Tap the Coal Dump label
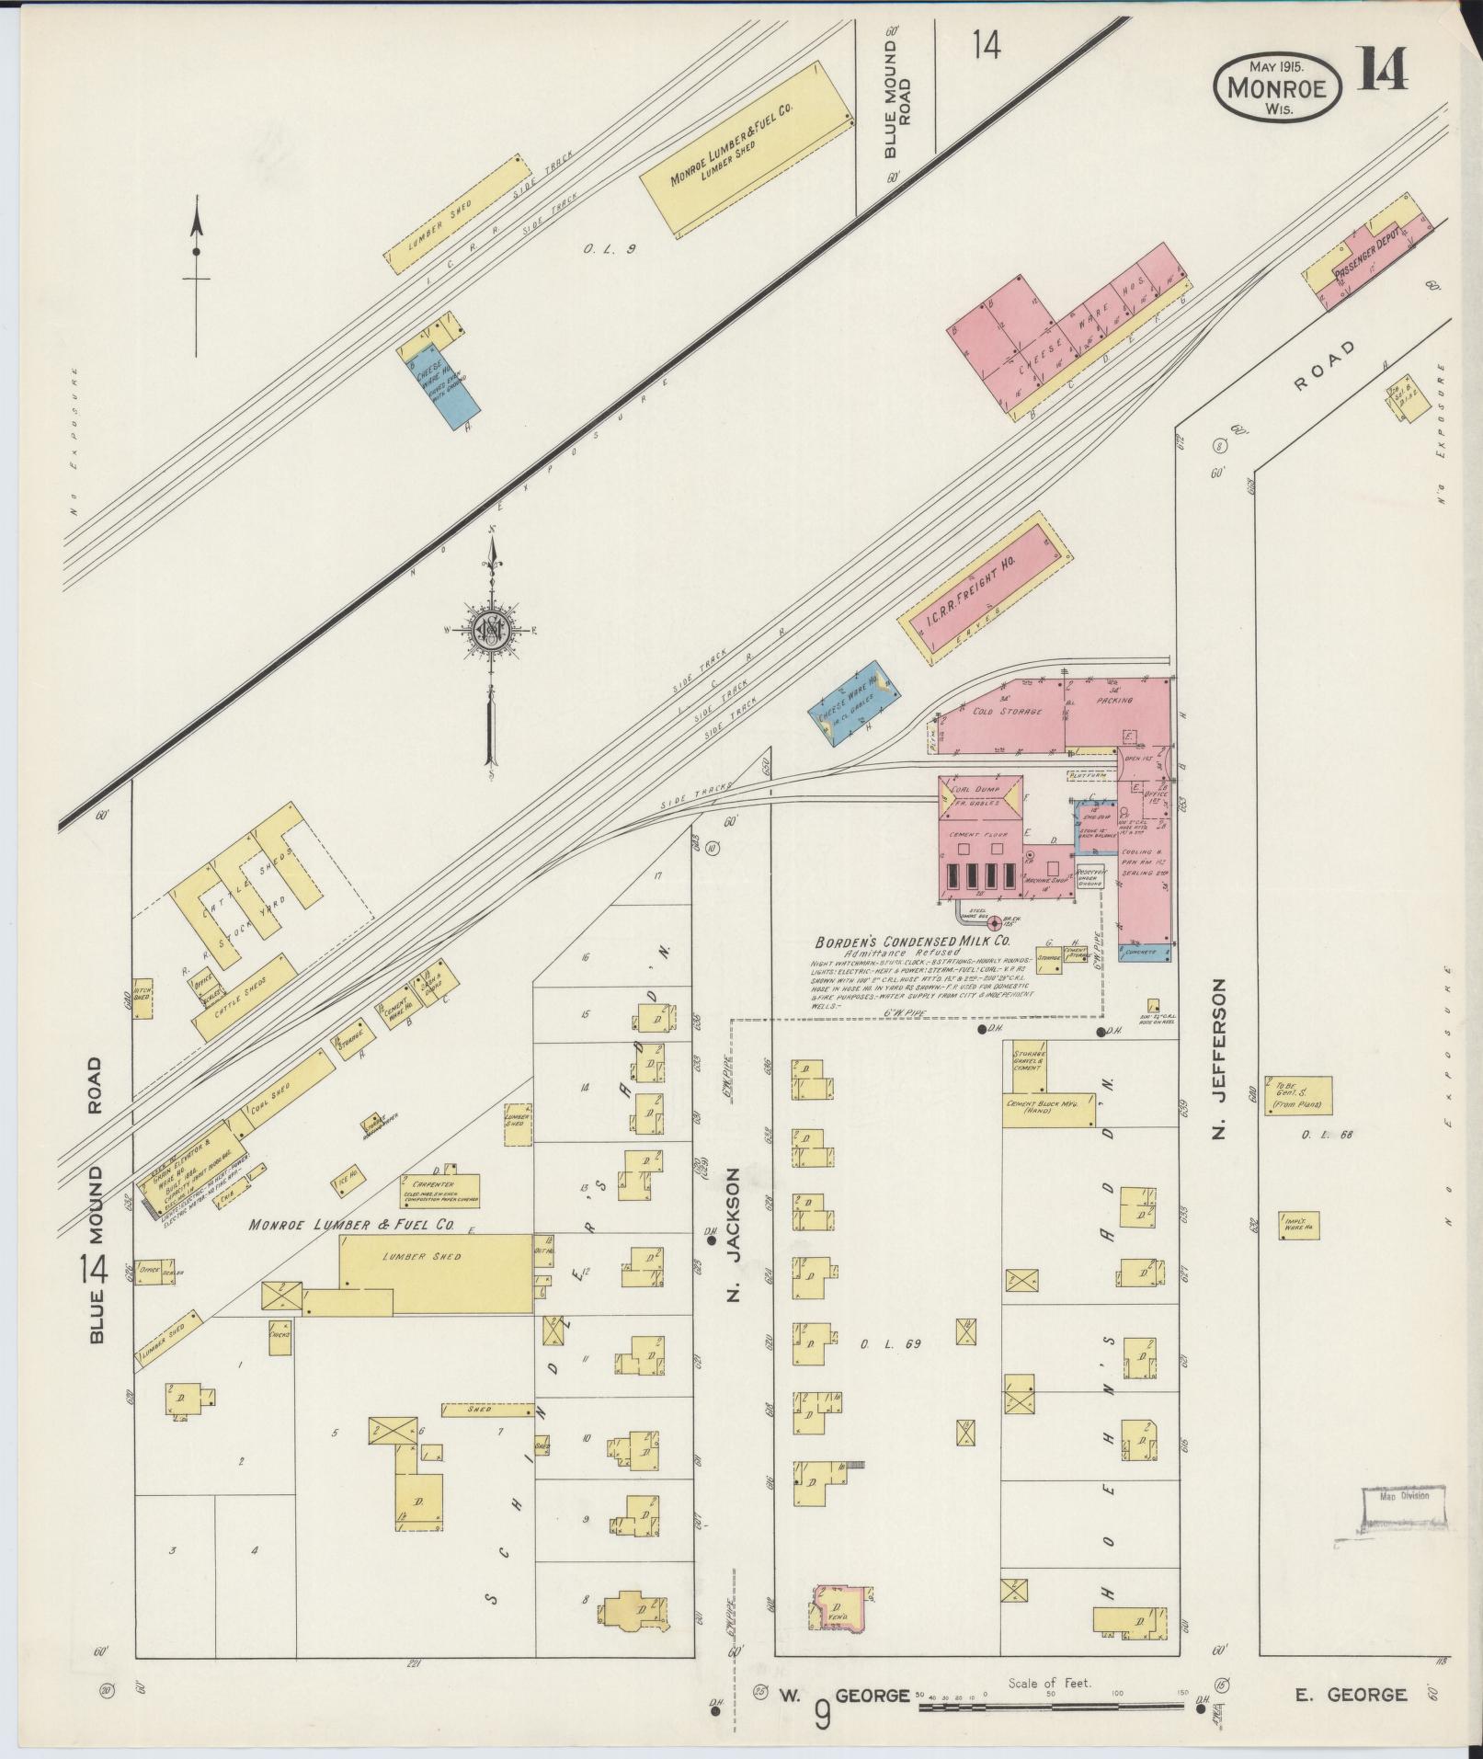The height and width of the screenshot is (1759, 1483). click(978, 789)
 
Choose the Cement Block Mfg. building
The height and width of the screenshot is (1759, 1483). click(1048, 1109)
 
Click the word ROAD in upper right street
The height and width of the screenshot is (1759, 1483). click(1324, 367)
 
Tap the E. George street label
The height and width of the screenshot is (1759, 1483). click(1351, 1695)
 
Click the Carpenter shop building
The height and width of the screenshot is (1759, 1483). click(439, 1193)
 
